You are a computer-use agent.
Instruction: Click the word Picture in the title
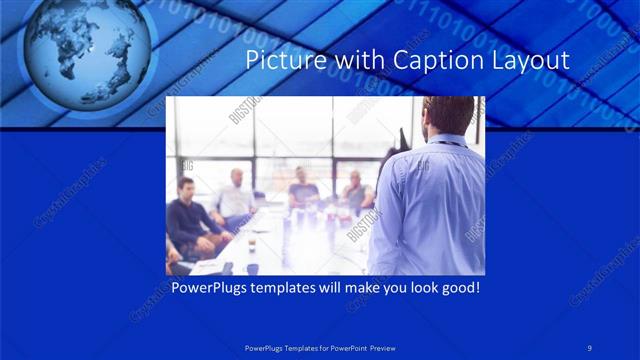282,61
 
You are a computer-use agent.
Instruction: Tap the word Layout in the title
529,61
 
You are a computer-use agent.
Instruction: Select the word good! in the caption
459,288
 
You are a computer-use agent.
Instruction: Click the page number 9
590,347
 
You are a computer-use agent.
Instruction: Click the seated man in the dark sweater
187,215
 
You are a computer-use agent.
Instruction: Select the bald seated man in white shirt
236,195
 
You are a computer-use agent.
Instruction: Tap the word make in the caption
373,288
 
